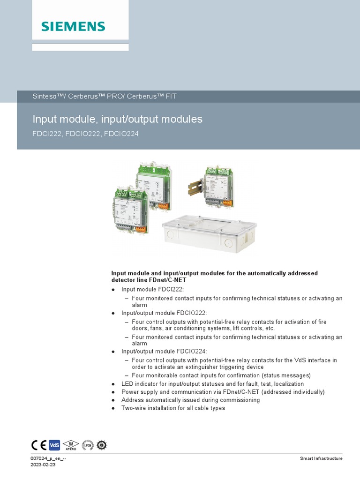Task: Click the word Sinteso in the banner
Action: click(x=44, y=97)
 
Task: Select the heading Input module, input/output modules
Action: click(x=117, y=119)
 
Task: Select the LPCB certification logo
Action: click(x=88, y=445)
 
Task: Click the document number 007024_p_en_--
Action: click(x=49, y=458)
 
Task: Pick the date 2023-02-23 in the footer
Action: click(x=43, y=465)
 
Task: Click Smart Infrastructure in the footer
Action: click(x=321, y=458)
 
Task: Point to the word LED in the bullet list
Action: click(x=127, y=384)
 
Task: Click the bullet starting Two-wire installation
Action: click(x=173, y=408)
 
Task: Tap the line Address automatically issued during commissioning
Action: click(x=190, y=400)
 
